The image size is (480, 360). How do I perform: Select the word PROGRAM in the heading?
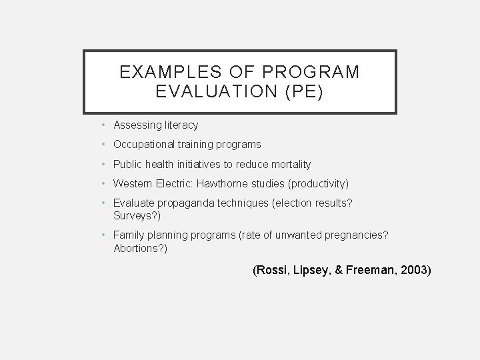tap(315, 71)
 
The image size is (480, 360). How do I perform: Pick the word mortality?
tap(289, 164)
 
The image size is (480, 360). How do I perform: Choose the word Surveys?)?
tap(137, 216)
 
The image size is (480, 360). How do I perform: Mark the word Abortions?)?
tap(141, 248)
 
